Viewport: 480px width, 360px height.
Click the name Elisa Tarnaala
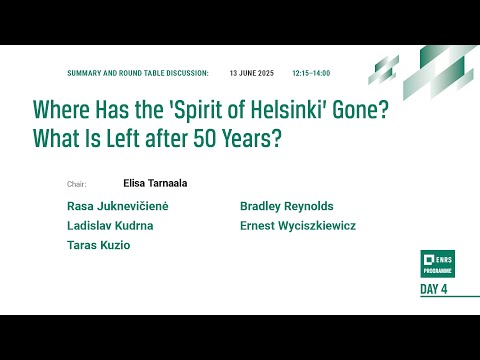tap(155, 184)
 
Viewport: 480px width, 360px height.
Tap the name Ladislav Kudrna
tap(110, 226)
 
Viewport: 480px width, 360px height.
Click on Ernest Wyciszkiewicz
tap(298, 226)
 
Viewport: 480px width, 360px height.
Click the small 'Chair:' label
tap(77, 185)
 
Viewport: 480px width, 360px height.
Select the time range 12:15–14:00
tap(311, 74)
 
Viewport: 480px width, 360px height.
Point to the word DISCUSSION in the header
tap(185, 74)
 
